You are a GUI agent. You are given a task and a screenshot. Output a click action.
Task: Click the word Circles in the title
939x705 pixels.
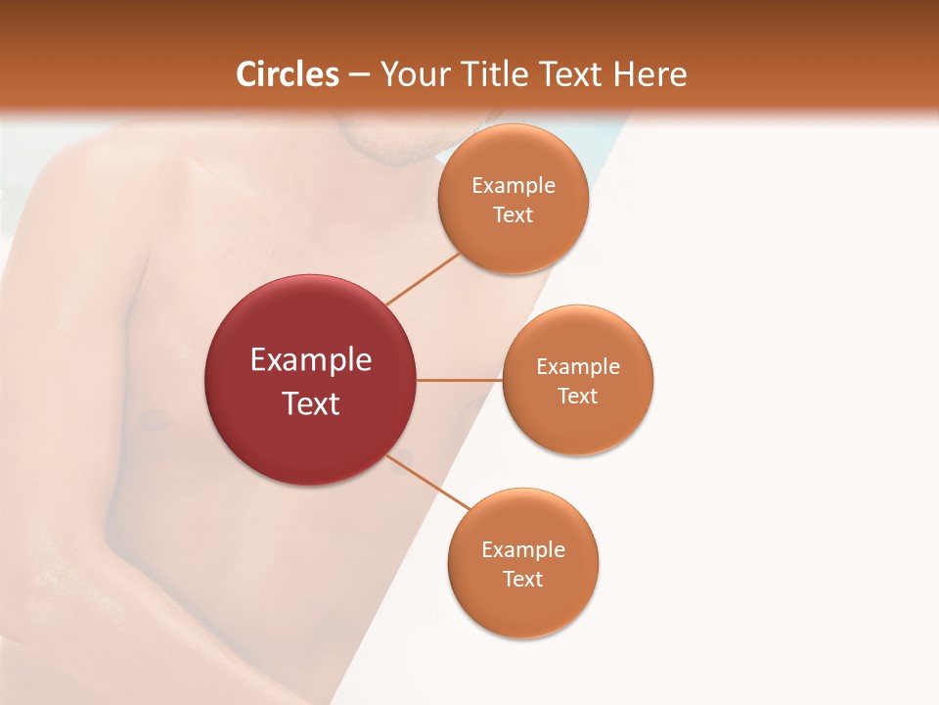[288, 74]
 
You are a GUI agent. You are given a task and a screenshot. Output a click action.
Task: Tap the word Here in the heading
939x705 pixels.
[649, 74]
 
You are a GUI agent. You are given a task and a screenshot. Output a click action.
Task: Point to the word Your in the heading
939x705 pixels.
[415, 74]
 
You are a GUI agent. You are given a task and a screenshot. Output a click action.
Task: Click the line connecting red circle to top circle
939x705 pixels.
[423, 279]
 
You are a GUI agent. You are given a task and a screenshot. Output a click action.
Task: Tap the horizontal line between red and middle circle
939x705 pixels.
[460, 380]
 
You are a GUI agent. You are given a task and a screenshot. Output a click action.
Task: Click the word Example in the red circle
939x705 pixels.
[311, 360]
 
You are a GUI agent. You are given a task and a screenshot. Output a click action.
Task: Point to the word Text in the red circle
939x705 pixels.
[311, 403]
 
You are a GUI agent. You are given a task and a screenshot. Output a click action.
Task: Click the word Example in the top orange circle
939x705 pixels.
[514, 186]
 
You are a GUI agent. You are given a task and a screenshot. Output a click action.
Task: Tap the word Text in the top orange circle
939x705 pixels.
[514, 215]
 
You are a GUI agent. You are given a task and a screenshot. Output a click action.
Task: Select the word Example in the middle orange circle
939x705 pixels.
[578, 367]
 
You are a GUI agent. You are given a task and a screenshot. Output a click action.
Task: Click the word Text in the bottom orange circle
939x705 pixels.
[522, 580]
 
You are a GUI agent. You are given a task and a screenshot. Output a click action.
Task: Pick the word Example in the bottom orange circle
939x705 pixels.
[523, 550]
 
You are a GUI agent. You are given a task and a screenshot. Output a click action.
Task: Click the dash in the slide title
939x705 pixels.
[359, 75]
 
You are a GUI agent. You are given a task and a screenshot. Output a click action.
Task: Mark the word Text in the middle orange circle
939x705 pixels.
[578, 397]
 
